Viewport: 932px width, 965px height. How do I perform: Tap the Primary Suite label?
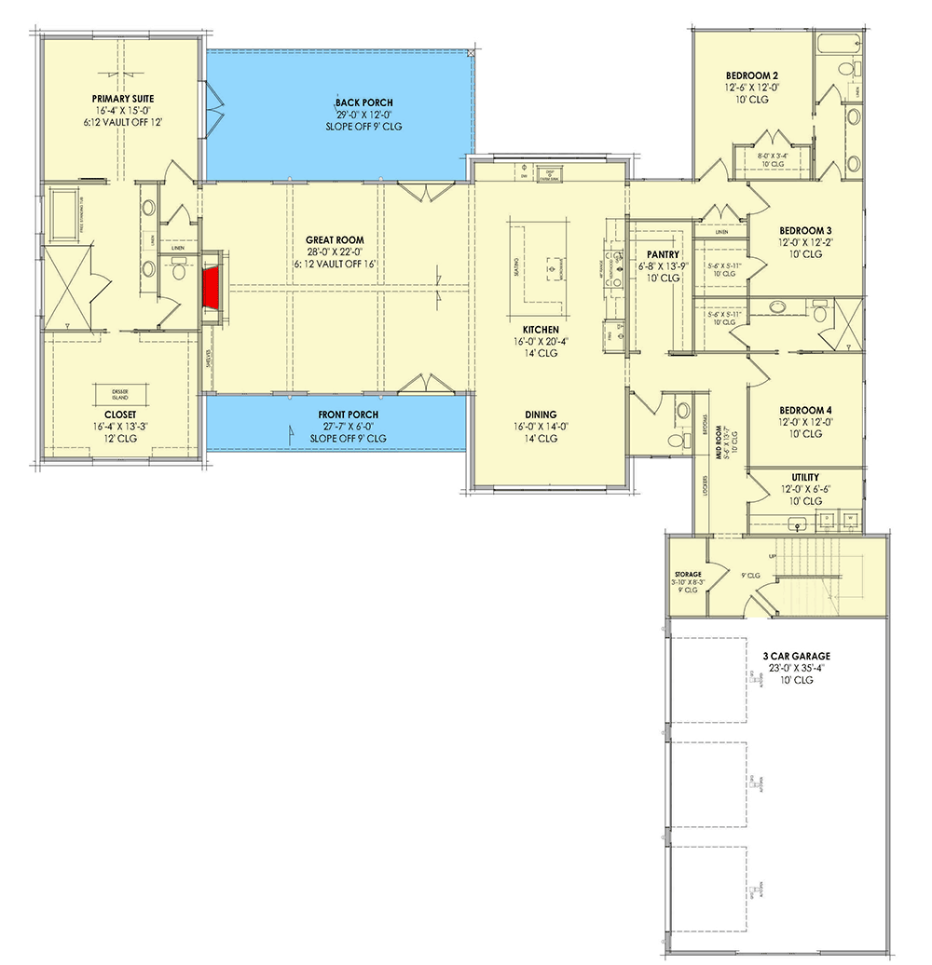click(122, 98)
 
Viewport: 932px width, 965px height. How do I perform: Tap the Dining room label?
click(541, 415)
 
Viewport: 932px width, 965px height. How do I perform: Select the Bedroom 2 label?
click(752, 75)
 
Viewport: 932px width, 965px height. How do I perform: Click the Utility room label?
click(805, 477)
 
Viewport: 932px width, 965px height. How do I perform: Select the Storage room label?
click(687, 575)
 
